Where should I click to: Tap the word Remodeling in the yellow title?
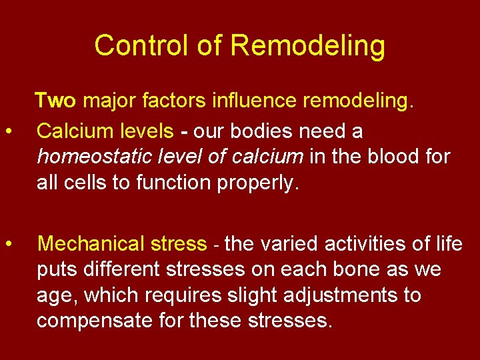coord(307,46)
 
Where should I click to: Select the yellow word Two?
coord(55,101)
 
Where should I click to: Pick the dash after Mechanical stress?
coord(215,245)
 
